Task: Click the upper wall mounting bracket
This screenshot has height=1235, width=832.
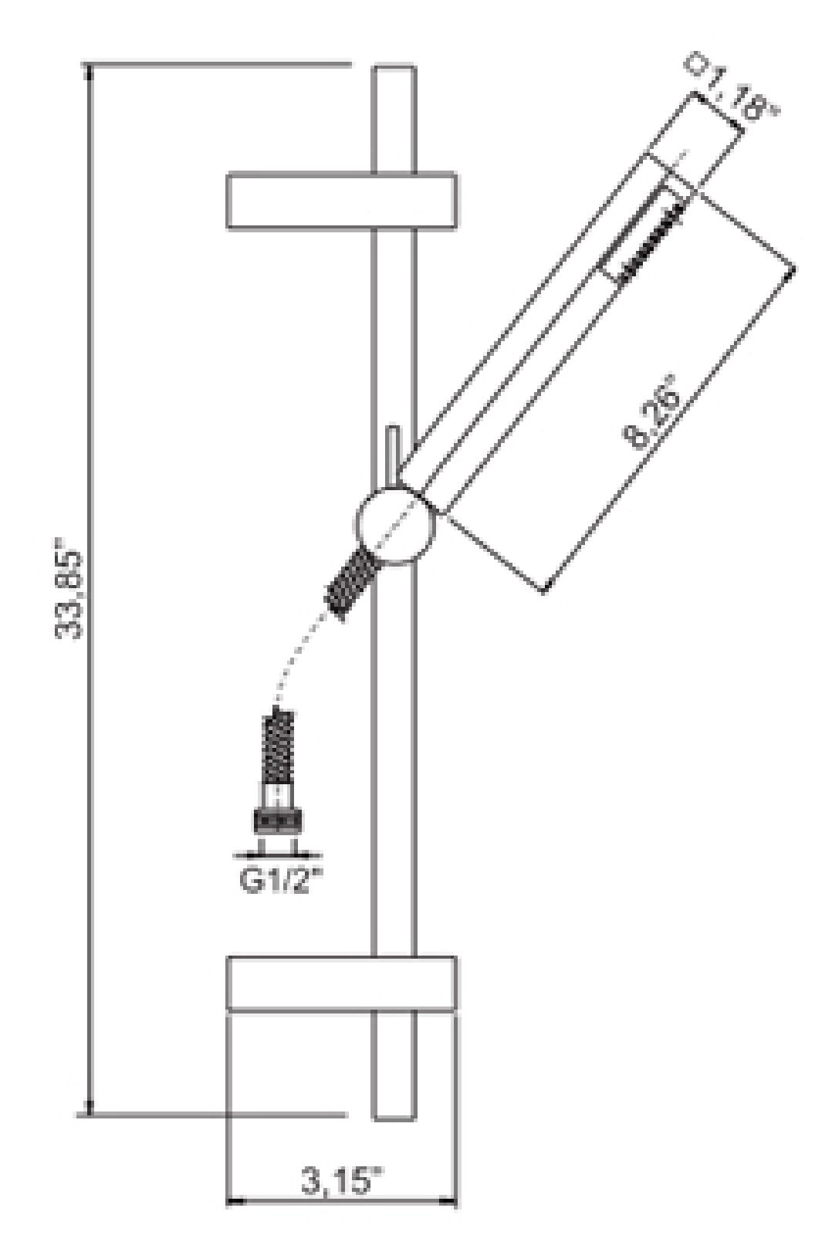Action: coord(342,201)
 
